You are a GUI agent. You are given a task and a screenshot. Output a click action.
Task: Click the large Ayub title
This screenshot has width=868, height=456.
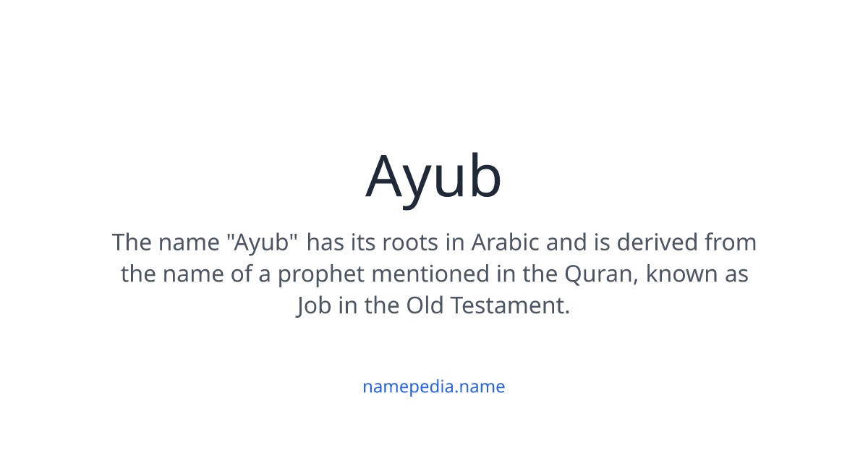(x=433, y=176)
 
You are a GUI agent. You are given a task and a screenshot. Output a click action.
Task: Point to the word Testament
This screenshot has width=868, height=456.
(x=510, y=306)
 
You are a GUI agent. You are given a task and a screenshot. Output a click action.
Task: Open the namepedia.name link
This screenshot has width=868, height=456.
(x=433, y=387)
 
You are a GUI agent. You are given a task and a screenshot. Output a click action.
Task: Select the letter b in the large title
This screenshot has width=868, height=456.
(x=482, y=176)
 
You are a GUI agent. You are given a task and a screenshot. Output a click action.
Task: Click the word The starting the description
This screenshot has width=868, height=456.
(x=130, y=242)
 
